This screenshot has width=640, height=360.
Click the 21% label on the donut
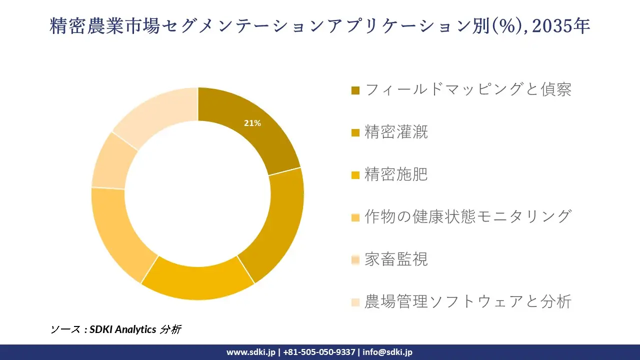252,123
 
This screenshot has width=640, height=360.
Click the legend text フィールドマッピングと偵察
468,90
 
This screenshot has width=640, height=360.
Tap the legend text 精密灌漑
396,132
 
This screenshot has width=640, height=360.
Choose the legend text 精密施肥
396,175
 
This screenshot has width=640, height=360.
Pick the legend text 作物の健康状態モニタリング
468,217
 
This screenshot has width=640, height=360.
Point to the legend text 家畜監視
396,259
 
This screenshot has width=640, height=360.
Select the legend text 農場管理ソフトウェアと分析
468,302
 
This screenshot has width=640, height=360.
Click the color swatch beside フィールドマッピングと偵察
355,90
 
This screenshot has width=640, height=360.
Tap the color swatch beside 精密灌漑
355,133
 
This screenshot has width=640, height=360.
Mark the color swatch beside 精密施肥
355,175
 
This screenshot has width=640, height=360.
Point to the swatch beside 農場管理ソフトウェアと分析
355,302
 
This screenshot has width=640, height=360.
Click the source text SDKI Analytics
122,329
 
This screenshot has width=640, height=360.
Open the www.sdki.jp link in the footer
250,352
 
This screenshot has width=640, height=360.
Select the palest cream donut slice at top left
160,112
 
